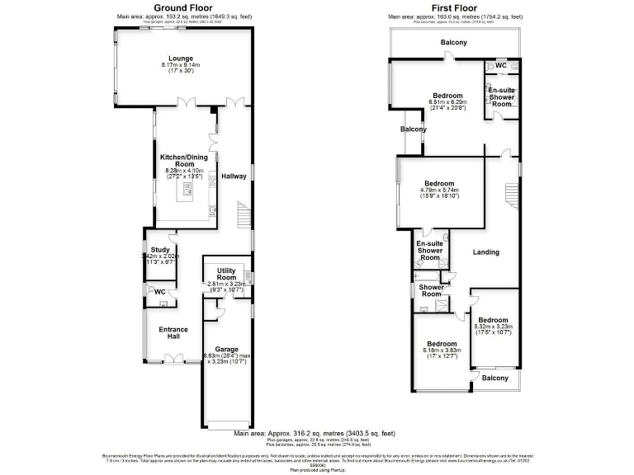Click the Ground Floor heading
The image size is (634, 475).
tap(181, 7)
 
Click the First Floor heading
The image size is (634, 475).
tap(456, 7)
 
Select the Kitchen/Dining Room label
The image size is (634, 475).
tap(182, 159)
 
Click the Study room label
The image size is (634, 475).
tap(159, 249)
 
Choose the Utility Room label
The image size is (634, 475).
tap(227, 274)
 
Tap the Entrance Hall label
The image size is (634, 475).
tap(173, 333)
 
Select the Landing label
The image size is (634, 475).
tap(486, 252)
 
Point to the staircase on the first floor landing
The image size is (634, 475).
tap(511, 198)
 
